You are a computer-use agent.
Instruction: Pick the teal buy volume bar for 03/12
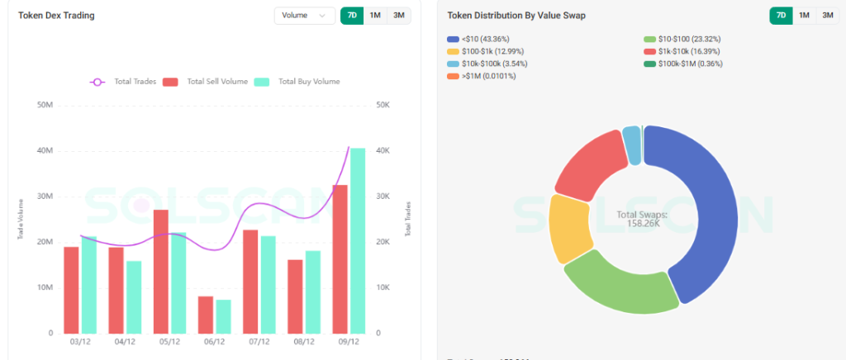(88, 284)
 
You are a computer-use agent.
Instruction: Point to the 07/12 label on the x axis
(259, 341)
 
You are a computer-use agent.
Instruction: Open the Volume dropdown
(304, 16)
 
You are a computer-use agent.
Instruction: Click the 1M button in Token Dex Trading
(375, 16)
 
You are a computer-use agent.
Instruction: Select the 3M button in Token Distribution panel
(828, 15)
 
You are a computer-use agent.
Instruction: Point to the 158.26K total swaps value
(642, 222)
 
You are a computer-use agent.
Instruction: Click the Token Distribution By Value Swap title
(516, 16)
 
